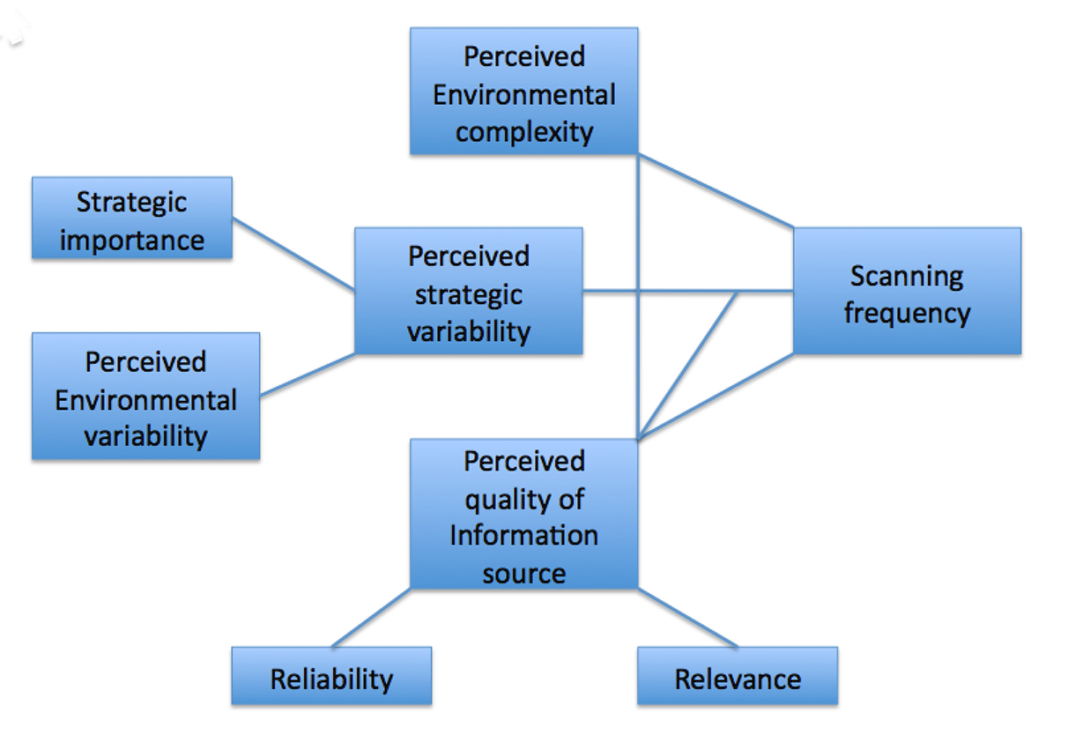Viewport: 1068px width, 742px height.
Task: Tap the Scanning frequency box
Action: pyautogui.click(x=907, y=291)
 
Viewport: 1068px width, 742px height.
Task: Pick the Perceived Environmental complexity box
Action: pyautogui.click(x=523, y=92)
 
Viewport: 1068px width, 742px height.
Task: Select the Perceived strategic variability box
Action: pyautogui.click(x=468, y=291)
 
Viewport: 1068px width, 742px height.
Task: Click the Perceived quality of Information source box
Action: pyautogui.click(x=523, y=514)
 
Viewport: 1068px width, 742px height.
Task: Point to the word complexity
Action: pyautogui.click(x=523, y=132)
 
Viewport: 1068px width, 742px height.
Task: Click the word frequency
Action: pyautogui.click(x=907, y=313)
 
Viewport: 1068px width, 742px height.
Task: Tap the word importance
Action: pyautogui.click(x=132, y=240)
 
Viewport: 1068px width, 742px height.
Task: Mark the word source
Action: pyautogui.click(x=523, y=574)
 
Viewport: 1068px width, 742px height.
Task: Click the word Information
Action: pyautogui.click(x=523, y=535)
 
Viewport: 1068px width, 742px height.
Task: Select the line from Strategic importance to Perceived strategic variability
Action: pyautogui.click(x=293, y=254)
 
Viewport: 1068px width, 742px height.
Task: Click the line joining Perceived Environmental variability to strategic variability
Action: pyautogui.click(x=308, y=375)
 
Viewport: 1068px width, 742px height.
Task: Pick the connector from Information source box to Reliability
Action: pyautogui.click(x=371, y=618)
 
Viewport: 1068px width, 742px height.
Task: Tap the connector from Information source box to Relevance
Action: pyautogui.click(x=687, y=618)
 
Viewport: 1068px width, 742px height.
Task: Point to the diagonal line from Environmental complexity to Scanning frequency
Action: pyautogui.click(x=716, y=190)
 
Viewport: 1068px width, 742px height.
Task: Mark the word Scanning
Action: pyautogui.click(x=907, y=276)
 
